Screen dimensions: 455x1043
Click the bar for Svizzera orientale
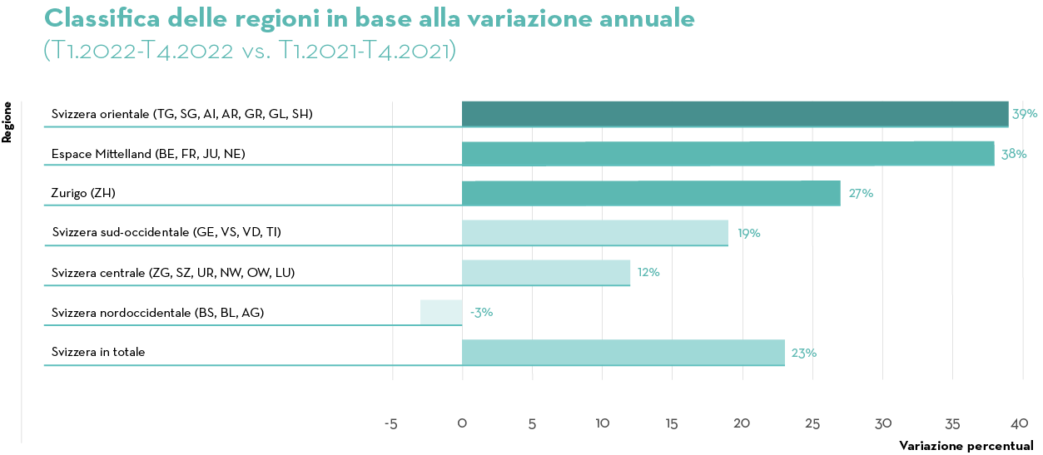735,114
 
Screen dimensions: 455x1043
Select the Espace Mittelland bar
728,154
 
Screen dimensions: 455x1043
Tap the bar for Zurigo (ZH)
651,193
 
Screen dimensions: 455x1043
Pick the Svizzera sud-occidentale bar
595,233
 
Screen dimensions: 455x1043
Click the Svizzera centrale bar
546,272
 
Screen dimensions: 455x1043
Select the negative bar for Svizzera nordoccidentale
441,312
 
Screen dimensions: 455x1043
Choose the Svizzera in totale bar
623,352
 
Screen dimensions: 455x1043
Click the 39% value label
1025,114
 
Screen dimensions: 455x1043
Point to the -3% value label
481,313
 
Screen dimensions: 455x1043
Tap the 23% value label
803,353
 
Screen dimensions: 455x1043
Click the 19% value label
748,234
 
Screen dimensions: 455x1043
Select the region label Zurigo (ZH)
83,193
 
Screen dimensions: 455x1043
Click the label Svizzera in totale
98,352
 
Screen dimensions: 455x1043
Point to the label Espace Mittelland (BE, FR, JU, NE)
148,154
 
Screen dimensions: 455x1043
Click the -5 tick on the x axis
390,423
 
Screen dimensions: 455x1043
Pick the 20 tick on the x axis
742,423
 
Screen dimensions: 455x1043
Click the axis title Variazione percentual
966,446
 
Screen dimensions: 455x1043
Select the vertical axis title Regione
7,122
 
